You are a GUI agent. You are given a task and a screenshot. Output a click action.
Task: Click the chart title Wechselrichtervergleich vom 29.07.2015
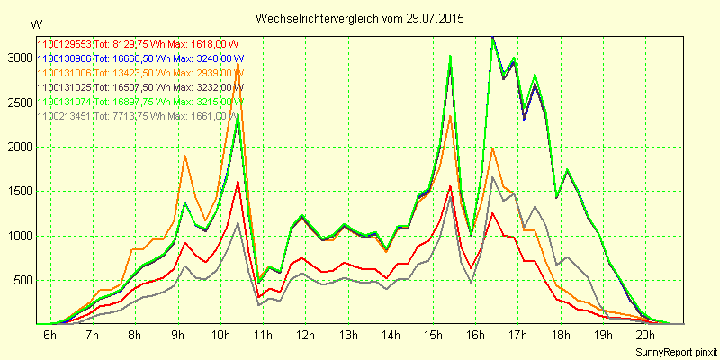(360, 17)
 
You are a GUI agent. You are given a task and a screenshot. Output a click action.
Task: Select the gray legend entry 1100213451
(136, 115)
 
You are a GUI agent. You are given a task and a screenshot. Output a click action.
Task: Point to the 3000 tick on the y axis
(17, 58)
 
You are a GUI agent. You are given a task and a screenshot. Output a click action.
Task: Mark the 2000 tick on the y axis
(17, 147)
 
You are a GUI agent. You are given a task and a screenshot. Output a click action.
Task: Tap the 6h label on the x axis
(49, 336)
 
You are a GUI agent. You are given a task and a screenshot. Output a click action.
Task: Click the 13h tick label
(346, 336)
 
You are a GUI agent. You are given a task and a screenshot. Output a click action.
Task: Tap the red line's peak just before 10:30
(238, 182)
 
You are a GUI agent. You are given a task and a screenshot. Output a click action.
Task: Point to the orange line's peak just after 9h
(184, 156)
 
